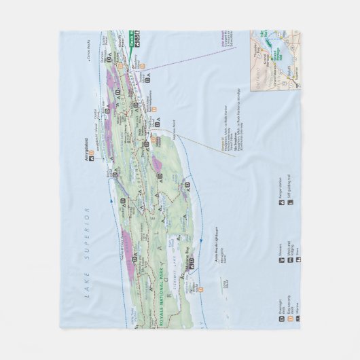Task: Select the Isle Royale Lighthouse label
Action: pyautogui.click(x=211, y=230)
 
